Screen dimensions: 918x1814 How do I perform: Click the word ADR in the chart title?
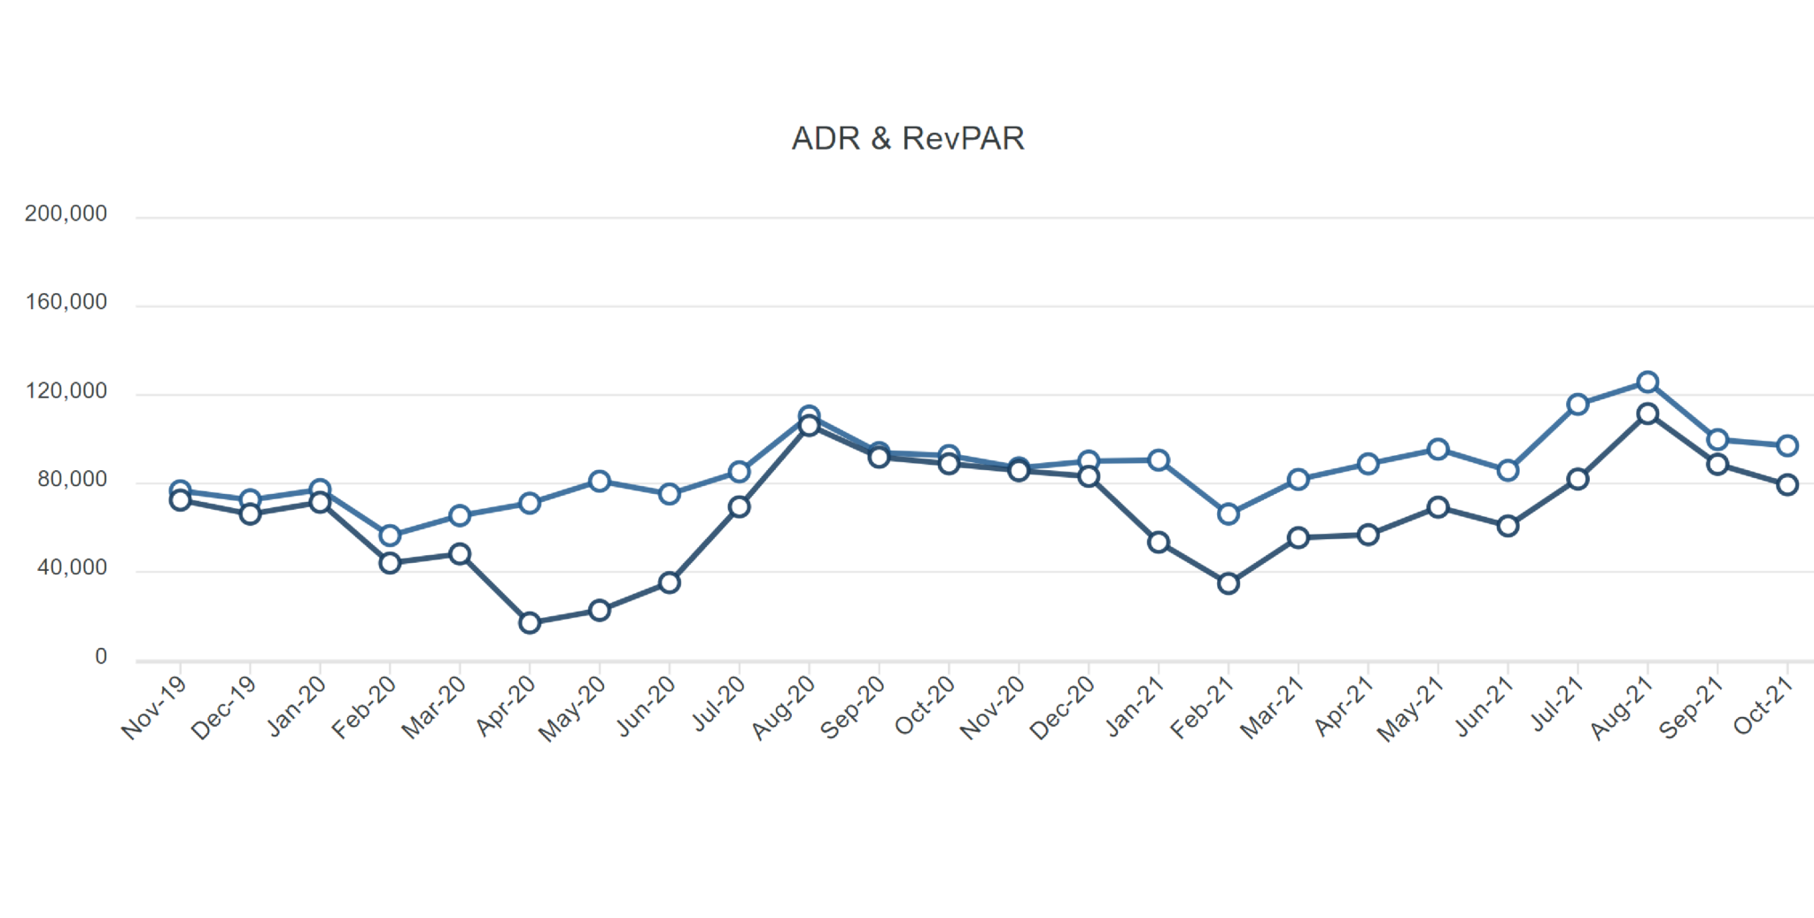pyautogui.click(x=826, y=138)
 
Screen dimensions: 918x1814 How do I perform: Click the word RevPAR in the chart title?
pyautogui.click(x=963, y=138)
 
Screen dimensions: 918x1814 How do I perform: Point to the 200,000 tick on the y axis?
pyautogui.click(x=66, y=213)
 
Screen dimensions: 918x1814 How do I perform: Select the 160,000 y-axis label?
pyautogui.click(x=66, y=302)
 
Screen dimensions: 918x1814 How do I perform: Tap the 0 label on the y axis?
pyautogui.click(x=101, y=657)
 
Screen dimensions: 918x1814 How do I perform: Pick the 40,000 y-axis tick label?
pyautogui.click(x=72, y=567)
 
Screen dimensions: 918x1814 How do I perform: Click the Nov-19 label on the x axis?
pyautogui.click(x=155, y=707)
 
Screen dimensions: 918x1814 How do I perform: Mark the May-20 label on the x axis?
pyautogui.click(x=573, y=708)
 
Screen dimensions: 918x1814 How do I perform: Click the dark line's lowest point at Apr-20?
pyautogui.click(x=530, y=623)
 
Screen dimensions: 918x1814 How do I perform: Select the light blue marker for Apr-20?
pyautogui.click(x=530, y=503)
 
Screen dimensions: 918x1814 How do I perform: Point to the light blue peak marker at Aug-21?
pyautogui.click(x=1647, y=382)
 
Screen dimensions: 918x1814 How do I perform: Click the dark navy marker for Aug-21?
pyautogui.click(x=1647, y=413)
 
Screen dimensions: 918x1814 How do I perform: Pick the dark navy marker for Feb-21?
pyautogui.click(x=1229, y=583)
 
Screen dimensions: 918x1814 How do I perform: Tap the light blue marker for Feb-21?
pyautogui.click(x=1229, y=513)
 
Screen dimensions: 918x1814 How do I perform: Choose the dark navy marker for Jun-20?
pyautogui.click(x=670, y=582)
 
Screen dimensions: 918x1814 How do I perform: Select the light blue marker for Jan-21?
pyautogui.click(x=1159, y=460)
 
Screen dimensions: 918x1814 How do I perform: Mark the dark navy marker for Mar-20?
pyautogui.click(x=460, y=554)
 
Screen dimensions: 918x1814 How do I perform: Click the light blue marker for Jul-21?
pyautogui.click(x=1578, y=405)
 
